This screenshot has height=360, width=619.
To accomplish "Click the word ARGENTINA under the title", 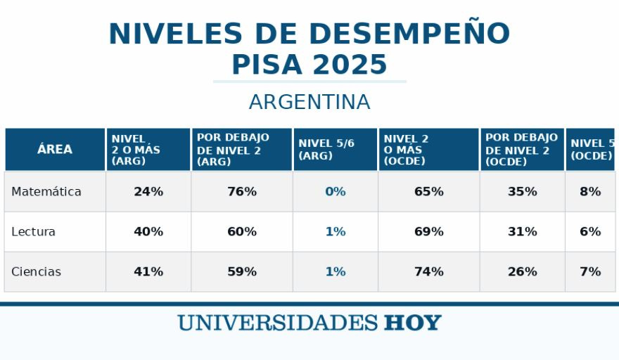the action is pos(309,102).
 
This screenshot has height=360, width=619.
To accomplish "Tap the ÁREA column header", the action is pos(55,149).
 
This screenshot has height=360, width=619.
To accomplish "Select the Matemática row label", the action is pos(46,191).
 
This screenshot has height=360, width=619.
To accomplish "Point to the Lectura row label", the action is pos(33,231).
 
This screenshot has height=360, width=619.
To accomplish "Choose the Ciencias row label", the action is pos(37,271).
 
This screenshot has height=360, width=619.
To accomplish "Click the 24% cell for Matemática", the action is pos(148,191).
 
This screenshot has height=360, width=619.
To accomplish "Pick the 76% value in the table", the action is pos(242,191).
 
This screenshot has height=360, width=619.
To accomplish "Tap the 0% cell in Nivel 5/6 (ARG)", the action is pos(336,191).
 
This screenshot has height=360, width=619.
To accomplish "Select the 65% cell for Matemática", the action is pos(428,191).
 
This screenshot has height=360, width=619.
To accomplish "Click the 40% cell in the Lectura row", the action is pos(148,231).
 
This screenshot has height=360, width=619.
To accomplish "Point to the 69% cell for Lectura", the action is pos(428,231).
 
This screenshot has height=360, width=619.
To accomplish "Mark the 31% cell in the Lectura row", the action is pos(522,231).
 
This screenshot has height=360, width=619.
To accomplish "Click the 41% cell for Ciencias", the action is pos(148,271).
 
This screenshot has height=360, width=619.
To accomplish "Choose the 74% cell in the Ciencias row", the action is pos(428,271).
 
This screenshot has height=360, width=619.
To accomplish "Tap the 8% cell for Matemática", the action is pos(590,191).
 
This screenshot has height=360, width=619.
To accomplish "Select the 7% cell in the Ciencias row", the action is pos(590,271).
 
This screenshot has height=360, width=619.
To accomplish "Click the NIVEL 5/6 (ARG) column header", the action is pos(326,149).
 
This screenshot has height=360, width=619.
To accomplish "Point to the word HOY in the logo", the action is pos(412,323).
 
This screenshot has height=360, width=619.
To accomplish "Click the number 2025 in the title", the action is pos(350,65).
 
